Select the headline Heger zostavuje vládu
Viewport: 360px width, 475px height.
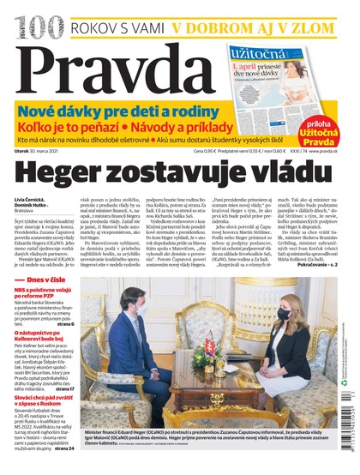point(179,172)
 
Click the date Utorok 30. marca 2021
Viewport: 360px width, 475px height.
point(42,151)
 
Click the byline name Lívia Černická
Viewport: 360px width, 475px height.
point(30,198)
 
